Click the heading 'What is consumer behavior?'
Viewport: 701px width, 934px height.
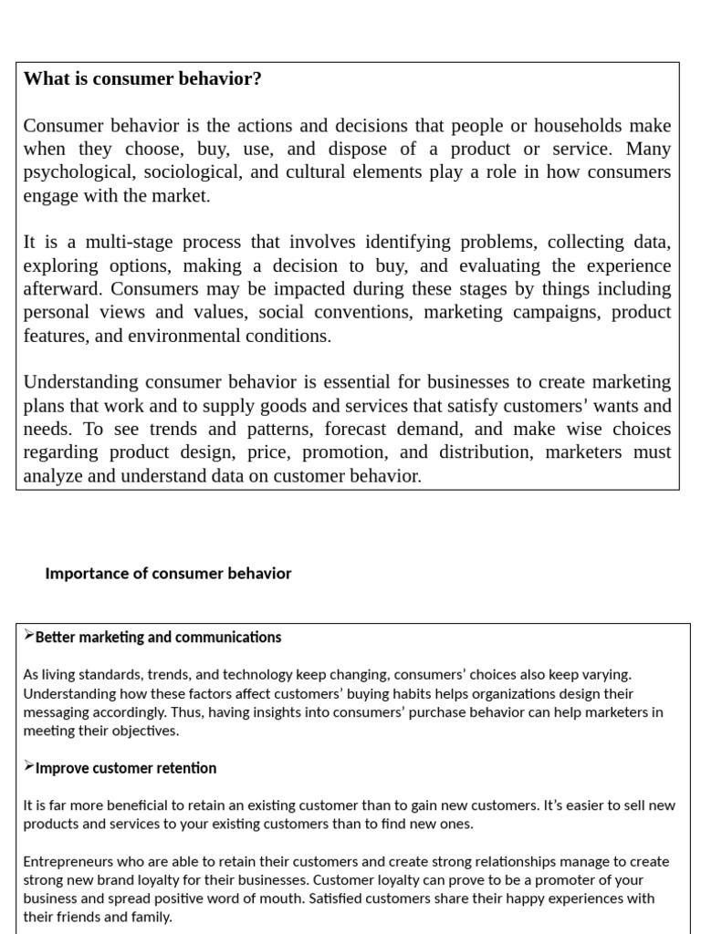(142, 79)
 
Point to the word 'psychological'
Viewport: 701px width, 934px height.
(76, 172)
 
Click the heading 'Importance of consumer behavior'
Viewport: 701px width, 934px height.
(168, 574)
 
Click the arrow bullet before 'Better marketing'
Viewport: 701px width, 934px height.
(29, 636)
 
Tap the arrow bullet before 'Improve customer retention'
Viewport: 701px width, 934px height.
(29, 767)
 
